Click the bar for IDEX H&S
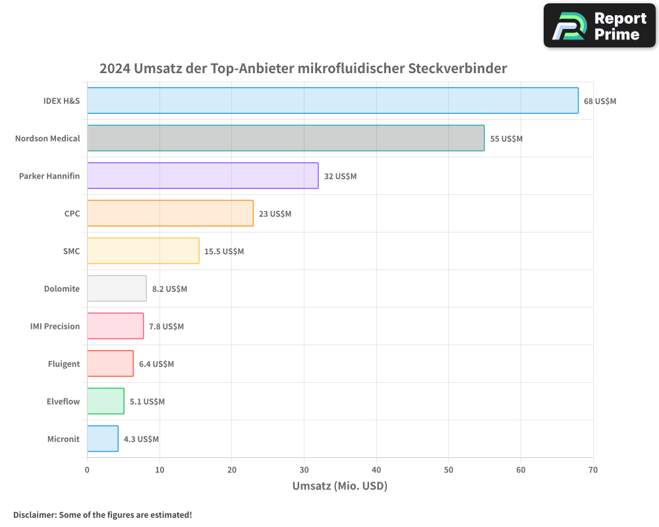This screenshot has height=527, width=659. point(333,101)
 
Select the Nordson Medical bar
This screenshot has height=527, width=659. point(285,138)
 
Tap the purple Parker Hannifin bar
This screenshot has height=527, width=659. point(202,176)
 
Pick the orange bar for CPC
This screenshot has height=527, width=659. point(170,213)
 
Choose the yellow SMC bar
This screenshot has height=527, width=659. point(143,251)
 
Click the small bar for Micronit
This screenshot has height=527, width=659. point(103,439)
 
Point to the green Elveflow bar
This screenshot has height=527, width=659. point(105,401)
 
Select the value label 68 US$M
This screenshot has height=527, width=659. point(600,101)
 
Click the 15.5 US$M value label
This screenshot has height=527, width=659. point(224,252)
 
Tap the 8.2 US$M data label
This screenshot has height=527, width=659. point(169,289)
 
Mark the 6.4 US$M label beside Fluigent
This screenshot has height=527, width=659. point(156,364)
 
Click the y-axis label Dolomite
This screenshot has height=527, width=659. point(62,289)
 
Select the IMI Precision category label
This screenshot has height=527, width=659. point(55,326)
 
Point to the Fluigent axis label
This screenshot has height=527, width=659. point(64,364)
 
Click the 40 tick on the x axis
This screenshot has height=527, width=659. point(376,470)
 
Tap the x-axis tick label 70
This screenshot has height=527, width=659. point(592,470)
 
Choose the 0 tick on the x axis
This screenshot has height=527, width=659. point(87,470)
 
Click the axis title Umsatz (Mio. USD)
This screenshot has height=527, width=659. point(339,486)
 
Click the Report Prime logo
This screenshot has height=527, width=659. point(600,26)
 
